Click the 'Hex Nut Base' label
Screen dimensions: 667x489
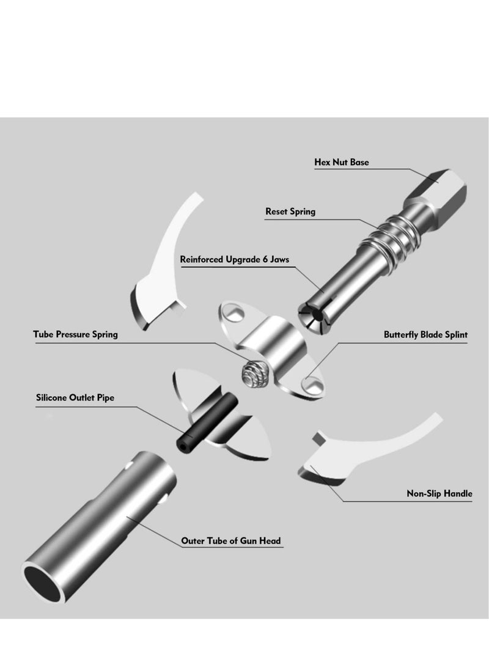(x=342, y=163)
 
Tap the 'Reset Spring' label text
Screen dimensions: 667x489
(x=290, y=212)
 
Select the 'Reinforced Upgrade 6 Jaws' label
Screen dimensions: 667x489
(x=235, y=259)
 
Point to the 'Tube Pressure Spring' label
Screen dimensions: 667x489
(x=75, y=334)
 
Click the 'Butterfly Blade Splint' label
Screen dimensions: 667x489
(x=425, y=334)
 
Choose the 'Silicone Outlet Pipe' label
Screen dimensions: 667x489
(x=75, y=398)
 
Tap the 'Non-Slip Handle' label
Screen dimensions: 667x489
(x=439, y=493)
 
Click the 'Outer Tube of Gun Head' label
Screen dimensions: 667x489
(x=231, y=541)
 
